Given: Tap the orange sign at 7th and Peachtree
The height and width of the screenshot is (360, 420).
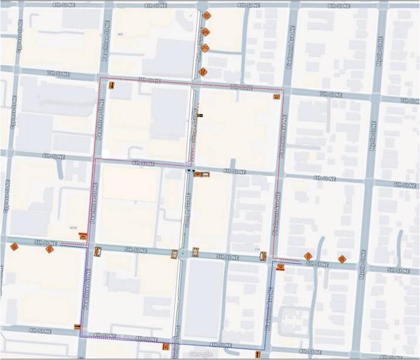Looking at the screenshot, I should point(112,86).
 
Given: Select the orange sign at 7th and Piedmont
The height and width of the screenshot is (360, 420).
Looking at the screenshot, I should point(278,97).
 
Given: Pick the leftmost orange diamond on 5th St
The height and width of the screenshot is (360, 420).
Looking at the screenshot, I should point(14,247).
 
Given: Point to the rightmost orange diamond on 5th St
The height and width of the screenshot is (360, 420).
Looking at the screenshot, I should point(343,259).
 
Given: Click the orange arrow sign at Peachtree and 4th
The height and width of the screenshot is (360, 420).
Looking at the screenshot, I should point(77,328).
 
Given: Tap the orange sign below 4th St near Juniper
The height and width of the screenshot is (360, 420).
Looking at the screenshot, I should point(166,347).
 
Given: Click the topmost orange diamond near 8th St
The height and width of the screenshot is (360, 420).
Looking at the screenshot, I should point(207,15).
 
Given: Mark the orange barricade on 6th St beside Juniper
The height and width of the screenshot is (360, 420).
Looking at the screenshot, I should point(204,175).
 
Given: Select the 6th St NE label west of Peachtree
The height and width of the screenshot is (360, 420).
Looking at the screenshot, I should point(54,157).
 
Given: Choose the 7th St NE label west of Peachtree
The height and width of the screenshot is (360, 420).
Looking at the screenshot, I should point(58,73).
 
